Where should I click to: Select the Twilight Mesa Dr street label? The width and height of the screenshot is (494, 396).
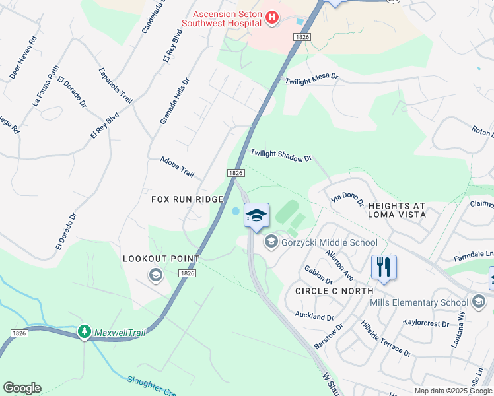pyautogui.click(x=311, y=79)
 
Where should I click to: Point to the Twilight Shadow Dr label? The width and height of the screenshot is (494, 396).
pyautogui.click(x=281, y=156)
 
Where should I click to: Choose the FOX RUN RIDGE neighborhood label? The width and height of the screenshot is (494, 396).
pyautogui.click(x=187, y=199)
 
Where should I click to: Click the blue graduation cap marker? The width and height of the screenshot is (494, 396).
pyautogui.click(x=256, y=215)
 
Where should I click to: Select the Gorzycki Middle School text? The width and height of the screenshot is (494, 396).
pyautogui.click(x=329, y=242)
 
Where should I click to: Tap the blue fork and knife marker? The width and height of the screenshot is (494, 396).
pyautogui.click(x=384, y=267)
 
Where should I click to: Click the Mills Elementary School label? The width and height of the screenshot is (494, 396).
pyautogui.click(x=427, y=302)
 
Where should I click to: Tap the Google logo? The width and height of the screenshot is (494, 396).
pyautogui.click(x=22, y=388)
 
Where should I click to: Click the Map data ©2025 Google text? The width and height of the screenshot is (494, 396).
pyautogui.click(x=452, y=391)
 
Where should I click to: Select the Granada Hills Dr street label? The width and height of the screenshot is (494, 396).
pyautogui.click(x=174, y=101)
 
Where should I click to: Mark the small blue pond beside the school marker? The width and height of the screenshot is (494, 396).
pyautogui.click(x=236, y=211)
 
